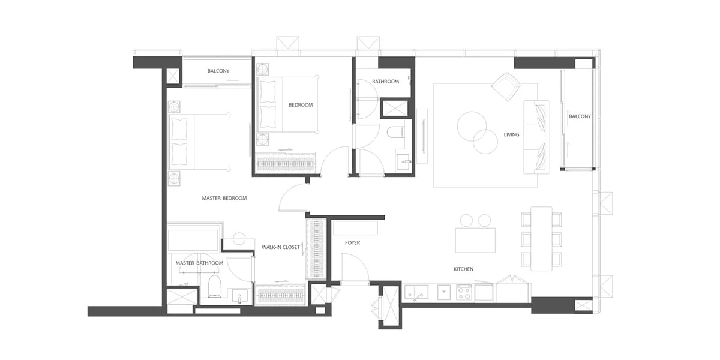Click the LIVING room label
point(511,134)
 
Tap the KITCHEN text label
point(463,269)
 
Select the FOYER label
point(352,242)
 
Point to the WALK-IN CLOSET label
point(280,247)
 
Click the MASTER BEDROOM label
point(224,199)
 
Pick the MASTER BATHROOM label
point(199,263)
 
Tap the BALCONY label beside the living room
point(580,116)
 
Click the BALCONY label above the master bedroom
point(218,71)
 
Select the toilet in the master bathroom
point(214,286)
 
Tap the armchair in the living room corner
point(506,86)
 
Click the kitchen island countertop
point(475,240)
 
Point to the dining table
point(541,239)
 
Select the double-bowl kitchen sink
point(416,292)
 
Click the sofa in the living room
point(536,137)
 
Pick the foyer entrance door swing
point(355,268)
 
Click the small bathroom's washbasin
point(404,161)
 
